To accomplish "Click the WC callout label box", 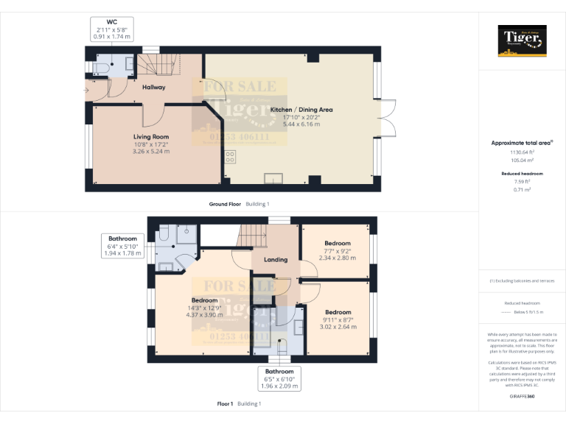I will pyautogui.click(x=112, y=29).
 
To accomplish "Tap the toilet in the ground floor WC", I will pyautogui.click(x=100, y=68).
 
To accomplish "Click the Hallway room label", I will pyautogui.click(x=154, y=87).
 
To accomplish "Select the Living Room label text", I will pyautogui.click(x=151, y=137).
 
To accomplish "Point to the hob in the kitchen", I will pyautogui.click(x=230, y=157).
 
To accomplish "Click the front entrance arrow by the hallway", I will pyautogui.click(x=87, y=89).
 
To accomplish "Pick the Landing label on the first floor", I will pyautogui.click(x=276, y=259).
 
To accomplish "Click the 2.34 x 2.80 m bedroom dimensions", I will pyautogui.click(x=338, y=258).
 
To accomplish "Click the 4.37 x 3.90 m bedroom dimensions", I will pyautogui.click(x=204, y=315).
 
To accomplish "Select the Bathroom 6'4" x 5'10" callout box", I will pyautogui.click(x=122, y=246).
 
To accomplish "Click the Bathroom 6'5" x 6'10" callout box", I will pyautogui.click(x=279, y=378).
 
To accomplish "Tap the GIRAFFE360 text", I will pyautogui.click(x=523, y=396).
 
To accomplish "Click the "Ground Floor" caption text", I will pyautogui.click(x=226, y=203).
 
